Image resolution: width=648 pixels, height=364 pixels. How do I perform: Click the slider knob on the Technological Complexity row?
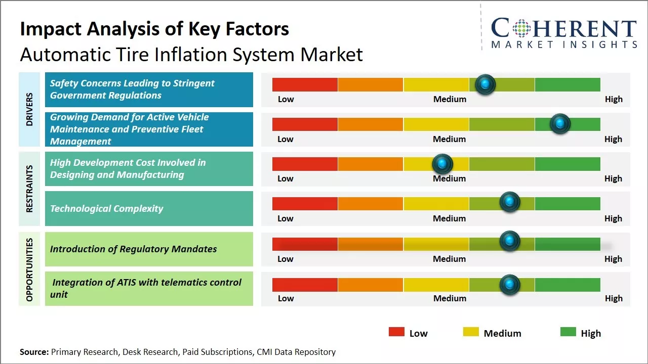[510, 202]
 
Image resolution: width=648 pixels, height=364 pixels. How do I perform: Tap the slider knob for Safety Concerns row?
[485, 84]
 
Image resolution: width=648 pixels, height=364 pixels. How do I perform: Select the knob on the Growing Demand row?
[560, 123]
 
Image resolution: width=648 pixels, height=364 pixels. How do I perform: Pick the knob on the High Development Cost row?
[442, 163]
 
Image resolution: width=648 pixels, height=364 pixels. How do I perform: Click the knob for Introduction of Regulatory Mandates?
[510, 241]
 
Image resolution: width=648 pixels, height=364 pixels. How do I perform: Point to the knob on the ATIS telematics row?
[510, 285]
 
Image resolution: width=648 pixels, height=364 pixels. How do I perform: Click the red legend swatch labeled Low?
[396, 332]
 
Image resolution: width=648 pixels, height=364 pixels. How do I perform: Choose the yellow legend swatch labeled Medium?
[471, 332]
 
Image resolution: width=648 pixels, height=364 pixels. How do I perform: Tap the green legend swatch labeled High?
[568, 332]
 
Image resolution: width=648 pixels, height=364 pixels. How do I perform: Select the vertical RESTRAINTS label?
[29, 189]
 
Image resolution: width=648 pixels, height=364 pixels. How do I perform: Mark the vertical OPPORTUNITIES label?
[29, 269]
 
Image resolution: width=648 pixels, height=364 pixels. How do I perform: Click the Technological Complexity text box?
[149, 208]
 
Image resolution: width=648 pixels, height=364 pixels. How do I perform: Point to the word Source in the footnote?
[33, 352]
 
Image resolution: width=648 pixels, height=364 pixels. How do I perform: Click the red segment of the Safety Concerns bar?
[305, 84]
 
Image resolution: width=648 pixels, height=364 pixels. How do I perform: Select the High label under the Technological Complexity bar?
[613, 218]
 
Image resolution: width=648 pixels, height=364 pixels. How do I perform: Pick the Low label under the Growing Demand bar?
[286, 139]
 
